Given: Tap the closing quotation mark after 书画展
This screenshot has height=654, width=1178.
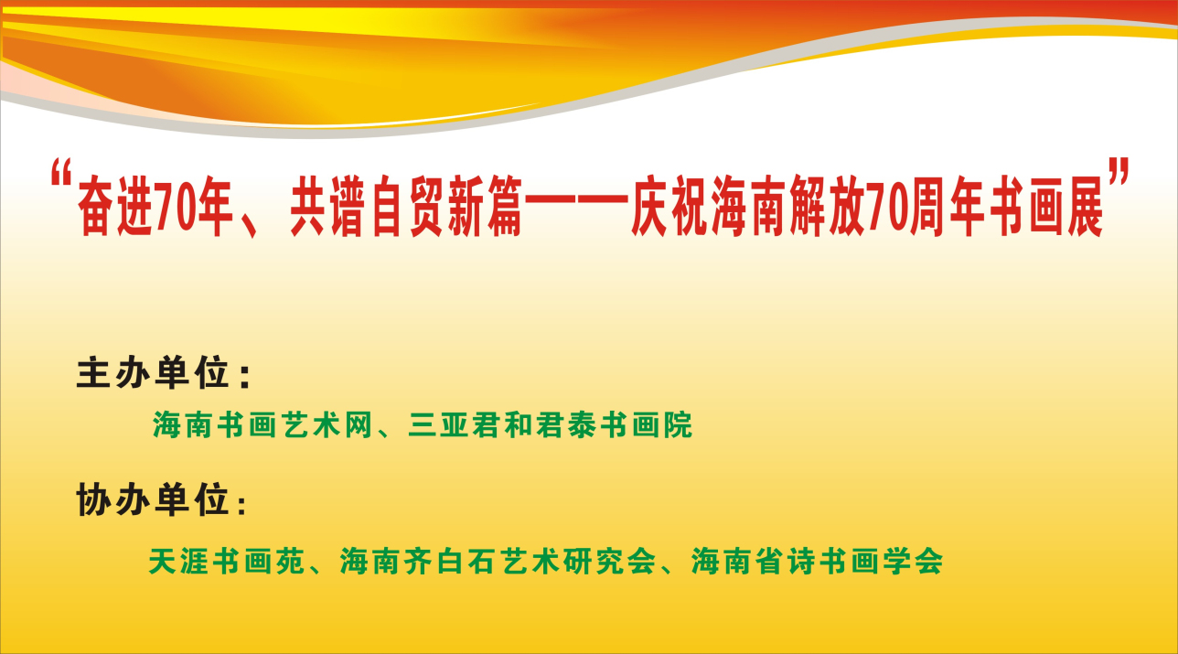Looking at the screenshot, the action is point(1119,172).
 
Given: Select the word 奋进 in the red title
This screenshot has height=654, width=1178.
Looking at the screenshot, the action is point(114,206).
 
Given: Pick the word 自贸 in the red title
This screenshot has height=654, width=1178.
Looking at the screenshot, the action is point(407,206).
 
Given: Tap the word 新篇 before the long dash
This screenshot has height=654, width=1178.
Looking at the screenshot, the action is point(485,206).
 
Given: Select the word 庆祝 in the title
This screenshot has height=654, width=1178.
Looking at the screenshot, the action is point(669,206).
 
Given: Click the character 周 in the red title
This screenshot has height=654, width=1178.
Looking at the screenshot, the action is point(926,206).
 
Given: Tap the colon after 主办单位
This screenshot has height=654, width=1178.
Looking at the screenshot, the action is point(244,377).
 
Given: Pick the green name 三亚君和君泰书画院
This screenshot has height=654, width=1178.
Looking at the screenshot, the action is point(550,424).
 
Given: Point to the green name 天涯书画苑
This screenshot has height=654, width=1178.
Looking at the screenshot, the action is point(227,561).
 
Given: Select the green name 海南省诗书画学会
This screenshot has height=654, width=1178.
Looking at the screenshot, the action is point(818,561).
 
